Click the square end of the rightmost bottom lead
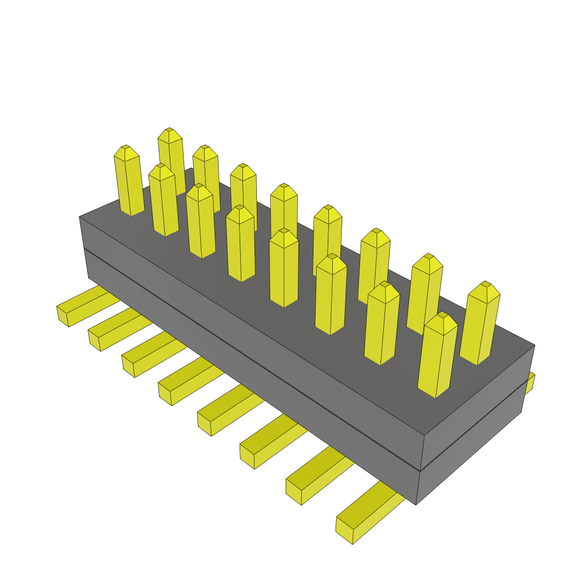(344, 531)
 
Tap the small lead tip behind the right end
(531, 383)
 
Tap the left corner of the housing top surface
(81, 217)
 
